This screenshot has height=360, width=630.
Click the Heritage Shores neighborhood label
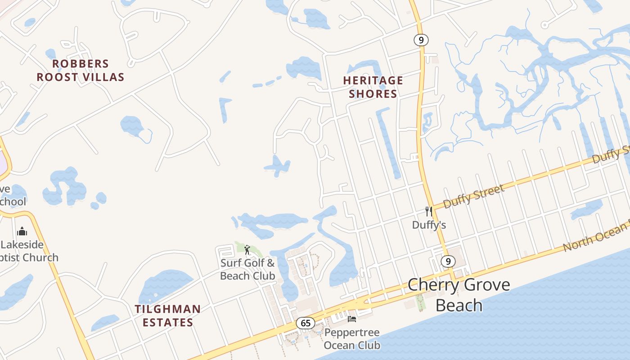373,87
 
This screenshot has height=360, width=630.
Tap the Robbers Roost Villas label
80,71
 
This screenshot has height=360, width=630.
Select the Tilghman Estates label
168,316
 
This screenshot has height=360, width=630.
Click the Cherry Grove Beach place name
459,295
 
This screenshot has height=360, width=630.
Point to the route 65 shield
306,323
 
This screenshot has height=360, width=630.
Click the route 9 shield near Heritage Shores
421,40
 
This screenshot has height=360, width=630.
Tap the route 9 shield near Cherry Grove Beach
447,261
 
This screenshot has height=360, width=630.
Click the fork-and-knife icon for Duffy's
428,211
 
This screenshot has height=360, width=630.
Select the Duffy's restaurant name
429,225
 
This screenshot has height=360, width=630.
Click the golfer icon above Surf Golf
247,250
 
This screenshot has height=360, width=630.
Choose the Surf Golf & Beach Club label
247,269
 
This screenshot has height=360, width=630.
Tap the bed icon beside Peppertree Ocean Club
352,319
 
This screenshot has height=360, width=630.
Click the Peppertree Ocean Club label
352,339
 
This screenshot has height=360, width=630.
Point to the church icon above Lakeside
22,232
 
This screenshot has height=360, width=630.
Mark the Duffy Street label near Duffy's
473,197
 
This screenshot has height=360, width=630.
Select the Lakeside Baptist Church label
29,251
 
